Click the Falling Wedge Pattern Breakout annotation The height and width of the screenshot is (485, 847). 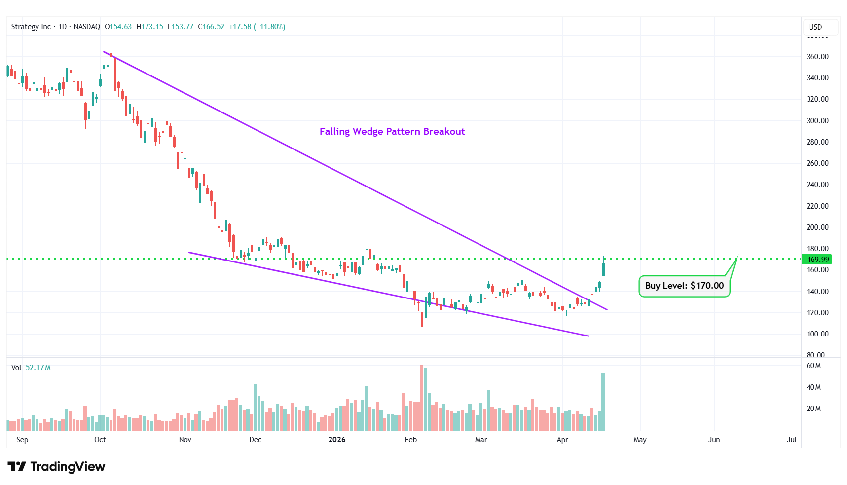(392, 131)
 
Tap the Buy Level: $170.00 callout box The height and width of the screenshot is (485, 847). (684, 286)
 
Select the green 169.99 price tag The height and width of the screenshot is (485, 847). (817, 259)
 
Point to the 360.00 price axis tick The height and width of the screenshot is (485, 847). (817, 56)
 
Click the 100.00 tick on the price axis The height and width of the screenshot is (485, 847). (817, 334)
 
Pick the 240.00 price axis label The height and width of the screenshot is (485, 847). (817, 184)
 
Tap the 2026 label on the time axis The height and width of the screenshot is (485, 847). (337, 440)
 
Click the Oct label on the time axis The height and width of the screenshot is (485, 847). (100, 440)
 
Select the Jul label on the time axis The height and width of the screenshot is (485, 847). (792, 440)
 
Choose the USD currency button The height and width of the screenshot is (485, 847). (815, 27)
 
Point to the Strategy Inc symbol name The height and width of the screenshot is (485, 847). (31, 27)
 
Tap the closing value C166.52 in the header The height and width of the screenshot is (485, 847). (211, 27)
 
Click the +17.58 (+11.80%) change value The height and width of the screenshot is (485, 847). (257, 27)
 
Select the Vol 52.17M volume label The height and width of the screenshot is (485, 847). (31, 368)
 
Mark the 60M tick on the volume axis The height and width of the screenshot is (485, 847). (813, 366)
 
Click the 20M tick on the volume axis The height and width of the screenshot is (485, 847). (813, 409)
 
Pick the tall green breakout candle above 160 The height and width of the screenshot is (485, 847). (603, 269)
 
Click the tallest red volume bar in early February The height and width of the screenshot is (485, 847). (422, 398)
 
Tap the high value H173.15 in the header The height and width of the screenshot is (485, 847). (150, 27)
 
